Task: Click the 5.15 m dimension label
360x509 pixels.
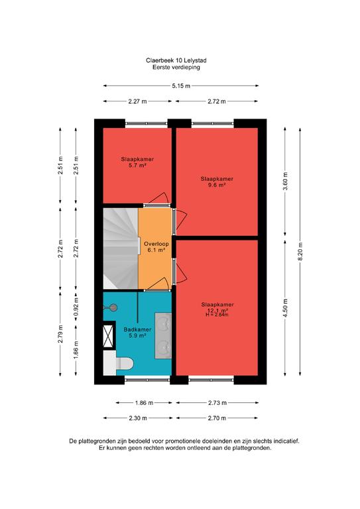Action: (181, 86)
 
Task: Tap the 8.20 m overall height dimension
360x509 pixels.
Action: (300, 252)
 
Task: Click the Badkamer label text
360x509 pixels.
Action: (137, 330)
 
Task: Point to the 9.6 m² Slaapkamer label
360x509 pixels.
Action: (217, 182)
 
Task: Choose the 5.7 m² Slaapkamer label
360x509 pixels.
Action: (137, 162)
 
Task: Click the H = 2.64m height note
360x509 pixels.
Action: (217, 315)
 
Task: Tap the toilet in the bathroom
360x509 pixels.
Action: (119, 363)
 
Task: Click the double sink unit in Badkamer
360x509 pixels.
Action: (163, 335)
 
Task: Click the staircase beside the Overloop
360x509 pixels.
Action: (121, 249)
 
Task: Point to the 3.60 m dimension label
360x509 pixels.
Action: (285, 182)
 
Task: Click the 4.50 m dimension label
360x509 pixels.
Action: (285, 308)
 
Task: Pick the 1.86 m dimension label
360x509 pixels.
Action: (144, 403)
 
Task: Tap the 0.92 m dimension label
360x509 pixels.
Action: (76, 307)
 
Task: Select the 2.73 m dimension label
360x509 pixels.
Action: (217, 403)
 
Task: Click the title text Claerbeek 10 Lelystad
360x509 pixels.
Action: (176, 60)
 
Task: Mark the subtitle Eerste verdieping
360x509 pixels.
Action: (176, 68)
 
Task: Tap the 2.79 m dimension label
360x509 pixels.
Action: (60, 334)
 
